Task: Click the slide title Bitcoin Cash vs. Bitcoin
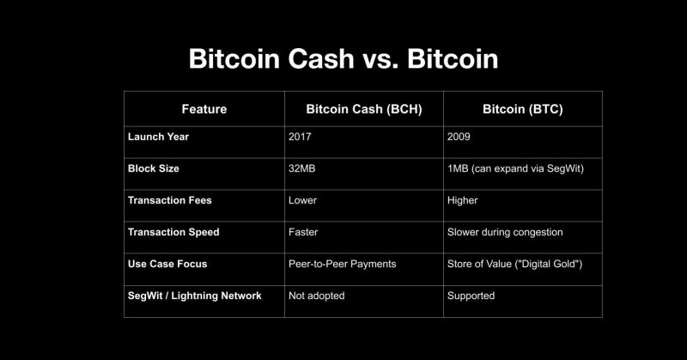pos(343,60)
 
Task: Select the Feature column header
pos(204,109)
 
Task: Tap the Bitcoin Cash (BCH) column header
pos(364,109)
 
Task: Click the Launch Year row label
pos(159,137)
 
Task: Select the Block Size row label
pos(154,168)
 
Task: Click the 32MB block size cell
pos(303,168)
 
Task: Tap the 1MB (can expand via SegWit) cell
pos(515,168)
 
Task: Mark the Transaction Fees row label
pos(170,200)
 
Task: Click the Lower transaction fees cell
pos(303,200)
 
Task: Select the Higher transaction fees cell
pos(463,200)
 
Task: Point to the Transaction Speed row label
pos(173,232)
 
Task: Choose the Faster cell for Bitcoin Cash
pos(305,232)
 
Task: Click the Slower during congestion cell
pos(506,232)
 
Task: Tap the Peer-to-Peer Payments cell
pos(343,264)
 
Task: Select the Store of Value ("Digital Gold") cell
pos(515,264)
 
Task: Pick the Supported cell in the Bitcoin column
pos(471,296)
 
